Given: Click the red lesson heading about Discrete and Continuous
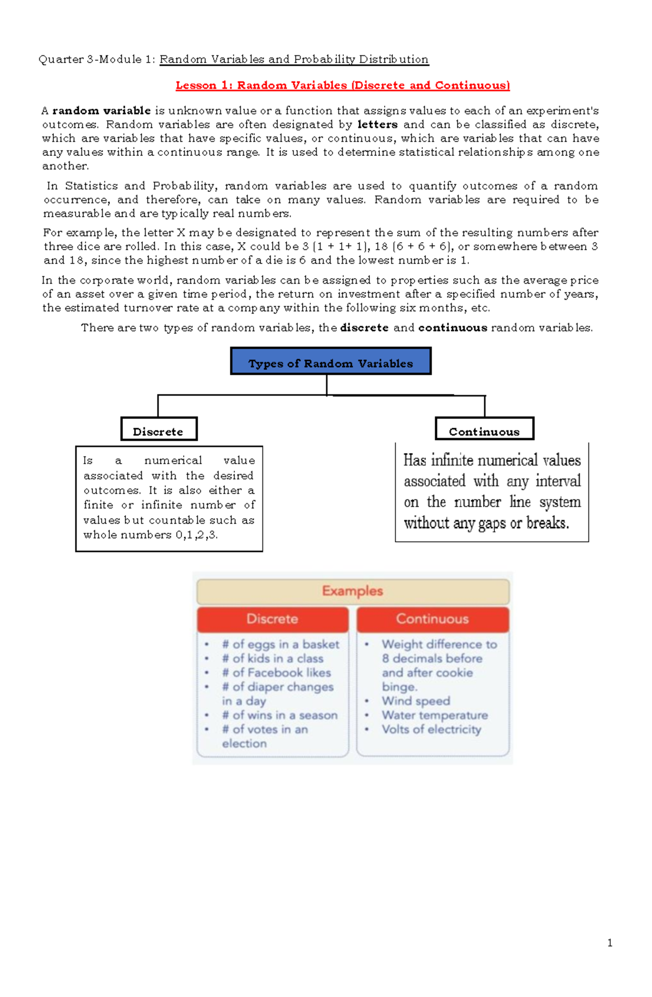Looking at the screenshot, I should coord(342,85).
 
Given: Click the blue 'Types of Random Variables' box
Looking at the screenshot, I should coord(330,362).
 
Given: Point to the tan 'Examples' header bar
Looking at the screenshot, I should coord(353,591).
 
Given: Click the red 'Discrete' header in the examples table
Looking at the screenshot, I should coord(272,619).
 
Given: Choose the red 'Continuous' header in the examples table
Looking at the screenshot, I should coord(432,619).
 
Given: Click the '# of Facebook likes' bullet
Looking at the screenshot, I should coord(276,673).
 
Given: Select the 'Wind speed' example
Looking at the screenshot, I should coord(416,701).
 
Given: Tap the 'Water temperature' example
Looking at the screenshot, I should coord(435,715).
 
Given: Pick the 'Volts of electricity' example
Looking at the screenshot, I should coord(431,729).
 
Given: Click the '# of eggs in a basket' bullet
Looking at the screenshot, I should coord(280,644).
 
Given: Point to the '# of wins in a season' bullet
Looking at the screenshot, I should coord(279,715).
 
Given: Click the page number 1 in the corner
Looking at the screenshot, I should coord(610,943).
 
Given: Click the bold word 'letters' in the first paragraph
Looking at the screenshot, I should coord(378,124).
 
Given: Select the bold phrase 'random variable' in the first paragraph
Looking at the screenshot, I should coord(102,111).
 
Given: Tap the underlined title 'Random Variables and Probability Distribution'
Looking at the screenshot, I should coord(294,59).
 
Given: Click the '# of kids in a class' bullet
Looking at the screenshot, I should coord(272,659).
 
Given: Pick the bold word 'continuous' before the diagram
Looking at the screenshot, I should coord(453,328).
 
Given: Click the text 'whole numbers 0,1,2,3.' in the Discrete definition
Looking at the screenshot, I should coord(151,535).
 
